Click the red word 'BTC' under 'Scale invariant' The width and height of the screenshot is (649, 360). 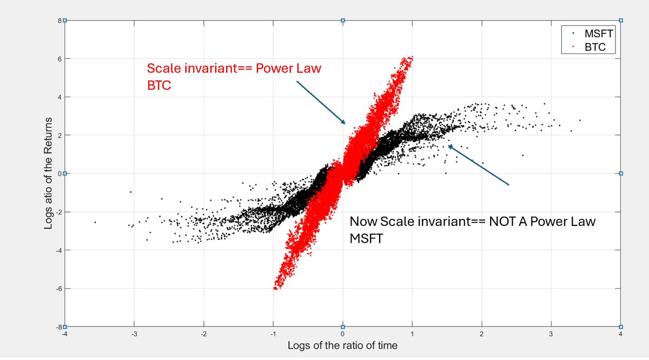pyautogui.click(x=159, y=85)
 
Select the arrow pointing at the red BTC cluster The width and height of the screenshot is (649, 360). pyautogui.click(x=320, y=102)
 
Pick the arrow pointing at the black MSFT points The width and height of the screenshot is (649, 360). pyautogui.click(x=479, y=165)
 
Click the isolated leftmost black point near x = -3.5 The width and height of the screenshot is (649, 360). pyautogui.click(x=95, y=222)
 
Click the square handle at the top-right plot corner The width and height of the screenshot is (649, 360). pyautogui.click(x=621, y=21)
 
